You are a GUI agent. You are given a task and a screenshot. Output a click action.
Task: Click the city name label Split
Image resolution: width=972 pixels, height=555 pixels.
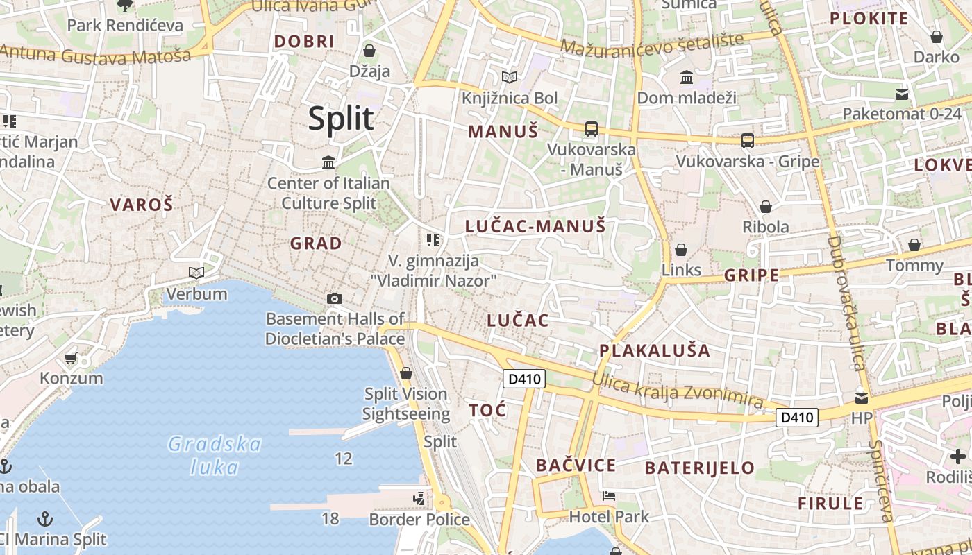tap(341, 119)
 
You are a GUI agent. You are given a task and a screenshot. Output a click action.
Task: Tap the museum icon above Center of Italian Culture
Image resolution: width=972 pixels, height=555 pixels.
tap(328, 162)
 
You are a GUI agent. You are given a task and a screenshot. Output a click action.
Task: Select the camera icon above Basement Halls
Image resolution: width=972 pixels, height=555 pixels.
tap(334, 298)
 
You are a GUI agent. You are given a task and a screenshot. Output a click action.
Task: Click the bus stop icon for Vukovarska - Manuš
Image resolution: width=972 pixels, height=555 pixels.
tap(591, 128)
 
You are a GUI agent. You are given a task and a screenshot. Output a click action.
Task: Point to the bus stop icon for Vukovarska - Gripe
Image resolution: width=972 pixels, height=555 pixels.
tap(747, 141)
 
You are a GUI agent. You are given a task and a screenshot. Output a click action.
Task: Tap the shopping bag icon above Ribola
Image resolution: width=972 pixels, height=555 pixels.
tap(765, 207)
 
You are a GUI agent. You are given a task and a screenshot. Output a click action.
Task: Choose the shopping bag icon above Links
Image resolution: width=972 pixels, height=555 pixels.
tap(681, 250)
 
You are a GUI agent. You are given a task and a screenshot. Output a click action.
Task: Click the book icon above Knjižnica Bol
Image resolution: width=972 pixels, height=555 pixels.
tap(510, 77)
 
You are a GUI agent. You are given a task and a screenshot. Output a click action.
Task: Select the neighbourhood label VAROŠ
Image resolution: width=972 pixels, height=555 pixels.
tap(142, 205)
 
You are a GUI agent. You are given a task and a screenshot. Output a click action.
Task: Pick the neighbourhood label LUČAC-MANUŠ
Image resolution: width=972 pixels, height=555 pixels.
tap(535, 225)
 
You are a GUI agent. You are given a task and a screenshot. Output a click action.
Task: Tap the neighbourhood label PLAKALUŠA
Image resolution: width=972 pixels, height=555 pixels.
tap(655, 350)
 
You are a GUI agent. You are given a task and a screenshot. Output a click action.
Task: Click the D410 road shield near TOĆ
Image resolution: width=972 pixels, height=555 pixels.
tap(523, 379)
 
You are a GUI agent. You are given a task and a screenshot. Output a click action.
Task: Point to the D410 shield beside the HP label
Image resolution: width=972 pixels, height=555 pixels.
tap(796, 417)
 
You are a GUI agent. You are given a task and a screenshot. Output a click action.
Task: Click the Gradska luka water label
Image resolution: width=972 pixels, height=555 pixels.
tap(215, 455)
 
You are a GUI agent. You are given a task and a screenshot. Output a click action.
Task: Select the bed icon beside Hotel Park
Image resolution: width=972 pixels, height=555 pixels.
tap(608, 496)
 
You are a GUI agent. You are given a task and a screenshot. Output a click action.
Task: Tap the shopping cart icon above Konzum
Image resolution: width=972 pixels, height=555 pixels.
tap(70, 359)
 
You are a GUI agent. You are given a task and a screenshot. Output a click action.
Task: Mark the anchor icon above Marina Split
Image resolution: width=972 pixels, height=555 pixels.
tap(44, 519)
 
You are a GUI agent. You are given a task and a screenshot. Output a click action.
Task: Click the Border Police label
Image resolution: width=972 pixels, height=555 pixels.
tap(419, 519)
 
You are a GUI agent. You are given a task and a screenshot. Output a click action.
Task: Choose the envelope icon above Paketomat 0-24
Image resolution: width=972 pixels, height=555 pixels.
tap(902, 94)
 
